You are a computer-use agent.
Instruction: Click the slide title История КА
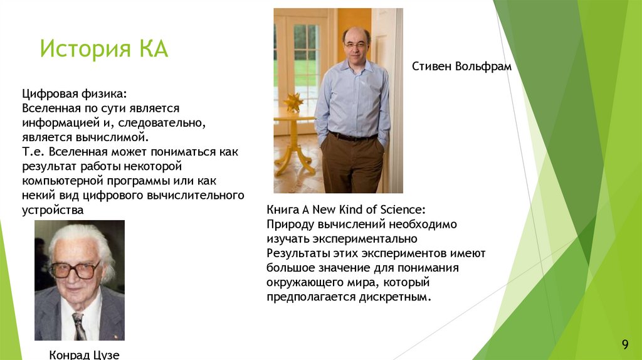click(x=104, y=49)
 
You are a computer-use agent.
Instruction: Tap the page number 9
click(x=624, y=344)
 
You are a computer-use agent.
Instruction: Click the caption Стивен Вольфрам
click(x=461, y=66)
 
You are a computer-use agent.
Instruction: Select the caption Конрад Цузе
click(x=84, y=355)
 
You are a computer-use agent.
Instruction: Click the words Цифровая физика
click(x=74, y=93)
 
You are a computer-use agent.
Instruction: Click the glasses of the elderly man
click(x=75, y=269)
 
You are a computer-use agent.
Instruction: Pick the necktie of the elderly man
click(x=79, y=327)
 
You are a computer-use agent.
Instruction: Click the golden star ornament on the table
click(x=293, y=102)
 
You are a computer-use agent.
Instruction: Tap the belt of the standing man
click(x=352, y=136)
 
